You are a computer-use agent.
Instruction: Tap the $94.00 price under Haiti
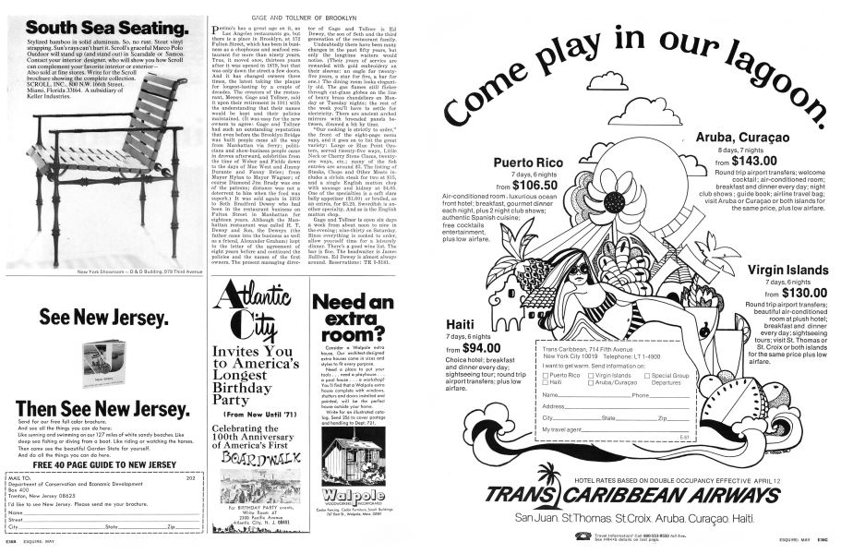point(481,348)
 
